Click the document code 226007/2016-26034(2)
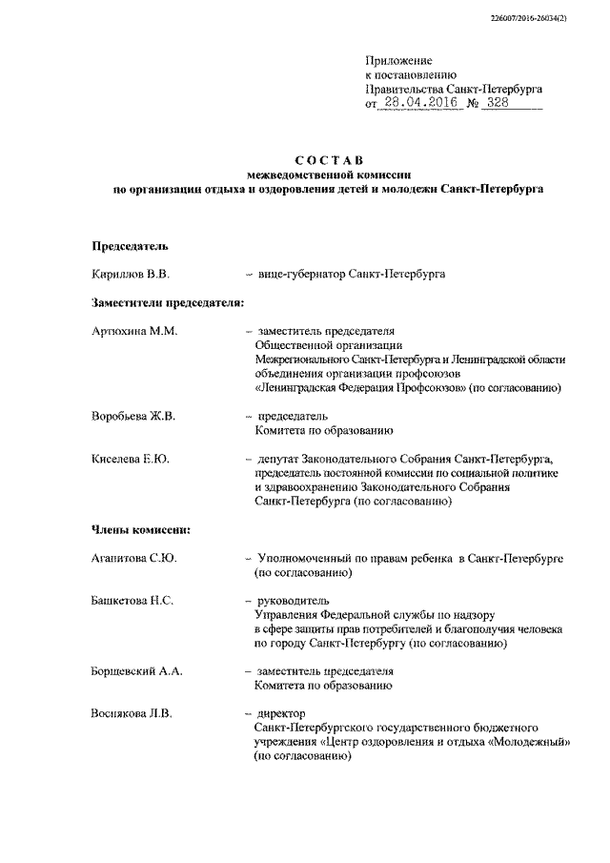[552, 17]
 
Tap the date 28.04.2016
[416, 103]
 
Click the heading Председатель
[130, 246]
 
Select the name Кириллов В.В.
[130, 275]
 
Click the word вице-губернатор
[301, 275]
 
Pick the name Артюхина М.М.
[134, 331]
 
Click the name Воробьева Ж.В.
[133, 417]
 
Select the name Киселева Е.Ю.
[131, 460]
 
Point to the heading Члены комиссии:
[140, 529]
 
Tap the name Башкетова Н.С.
[132, 601]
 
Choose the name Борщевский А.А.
[137, 671]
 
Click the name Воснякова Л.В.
[133, 713]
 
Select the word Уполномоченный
[307, 558]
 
